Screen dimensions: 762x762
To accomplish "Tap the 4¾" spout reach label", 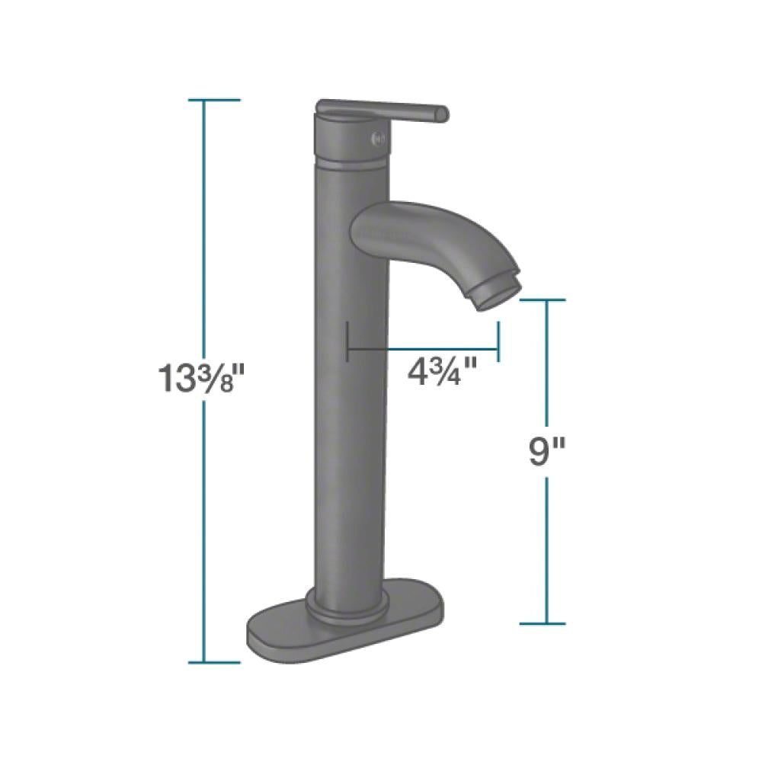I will click(443, 373).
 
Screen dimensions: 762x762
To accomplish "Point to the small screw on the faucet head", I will click(374, 139).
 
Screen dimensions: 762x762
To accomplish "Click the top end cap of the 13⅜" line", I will click(203, 100).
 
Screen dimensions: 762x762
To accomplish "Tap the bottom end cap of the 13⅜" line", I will click(203, 661).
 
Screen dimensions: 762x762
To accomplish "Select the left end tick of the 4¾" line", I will click(347, 341).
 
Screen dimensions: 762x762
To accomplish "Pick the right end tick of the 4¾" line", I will click(498, 341).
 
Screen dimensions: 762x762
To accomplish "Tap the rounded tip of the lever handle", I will click(442, 114).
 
